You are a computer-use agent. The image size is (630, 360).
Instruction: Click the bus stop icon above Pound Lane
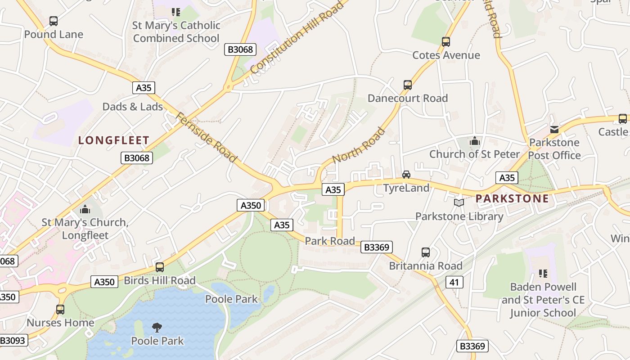(54, 21)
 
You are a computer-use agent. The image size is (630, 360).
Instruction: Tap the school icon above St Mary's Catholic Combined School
(176, 12)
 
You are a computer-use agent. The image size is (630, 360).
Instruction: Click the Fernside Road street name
(206, 138)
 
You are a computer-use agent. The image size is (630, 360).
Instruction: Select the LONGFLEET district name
(114, 140)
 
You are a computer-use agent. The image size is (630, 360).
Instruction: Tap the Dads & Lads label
(133, 107)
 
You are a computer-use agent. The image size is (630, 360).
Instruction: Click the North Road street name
(359, 145)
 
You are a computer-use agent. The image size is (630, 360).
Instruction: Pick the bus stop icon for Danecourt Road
(408, 85)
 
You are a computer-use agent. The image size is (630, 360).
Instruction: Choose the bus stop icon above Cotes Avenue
(446, 42)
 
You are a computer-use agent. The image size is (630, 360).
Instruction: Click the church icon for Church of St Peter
(474, 141)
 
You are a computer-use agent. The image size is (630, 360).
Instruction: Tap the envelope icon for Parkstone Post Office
(554, 130)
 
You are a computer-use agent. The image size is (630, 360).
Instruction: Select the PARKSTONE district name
(512, 198)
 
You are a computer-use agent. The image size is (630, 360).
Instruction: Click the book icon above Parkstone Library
(459, 203)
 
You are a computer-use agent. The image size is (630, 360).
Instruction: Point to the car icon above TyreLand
(406, 175)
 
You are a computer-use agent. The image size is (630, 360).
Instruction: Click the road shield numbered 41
(454, 282)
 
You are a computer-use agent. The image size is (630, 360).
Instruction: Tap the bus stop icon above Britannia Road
(426, 252)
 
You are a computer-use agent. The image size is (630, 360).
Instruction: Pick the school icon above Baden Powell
(543, 273)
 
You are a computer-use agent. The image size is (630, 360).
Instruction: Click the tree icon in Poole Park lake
(157, 327)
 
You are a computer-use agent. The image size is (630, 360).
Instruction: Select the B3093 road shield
(13, 340)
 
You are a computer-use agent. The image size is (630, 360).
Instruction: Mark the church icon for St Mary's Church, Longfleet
(85, 209)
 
